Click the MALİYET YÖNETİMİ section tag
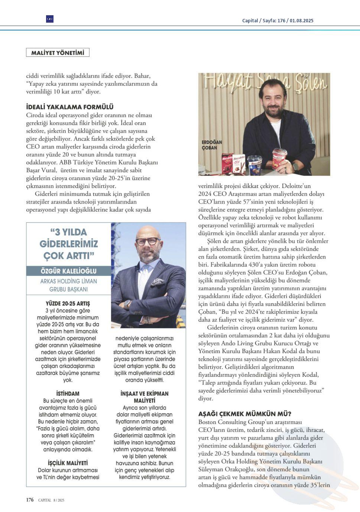58,53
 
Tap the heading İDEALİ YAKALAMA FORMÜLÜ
70,107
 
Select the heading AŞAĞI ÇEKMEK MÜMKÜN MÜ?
245,414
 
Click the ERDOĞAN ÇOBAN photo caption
212,145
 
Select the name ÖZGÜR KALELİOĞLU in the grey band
68,271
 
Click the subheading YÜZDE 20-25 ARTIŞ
68,303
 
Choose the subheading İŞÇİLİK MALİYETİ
68,463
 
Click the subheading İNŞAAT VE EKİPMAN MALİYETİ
145,397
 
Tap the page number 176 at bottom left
30,500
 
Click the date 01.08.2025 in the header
302,20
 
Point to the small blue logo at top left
50,19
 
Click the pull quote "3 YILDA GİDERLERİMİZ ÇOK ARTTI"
69,244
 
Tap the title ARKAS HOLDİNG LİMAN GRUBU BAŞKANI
69,285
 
